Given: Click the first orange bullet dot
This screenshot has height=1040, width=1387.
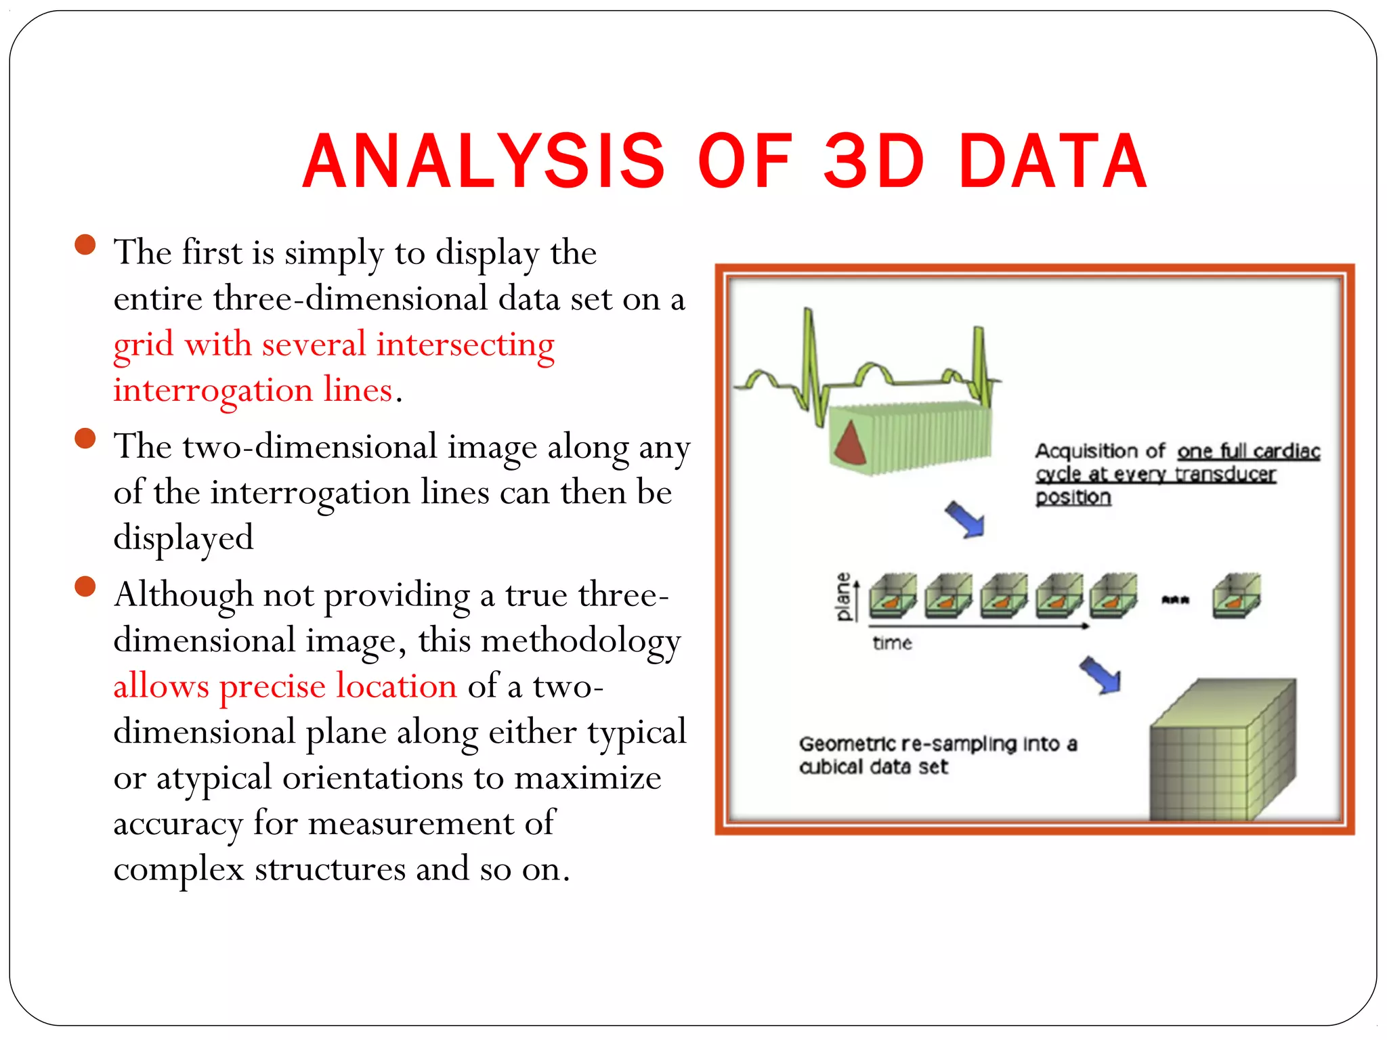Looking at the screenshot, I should click(85, 244).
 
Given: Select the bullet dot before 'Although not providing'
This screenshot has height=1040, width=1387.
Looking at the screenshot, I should click(85, 586).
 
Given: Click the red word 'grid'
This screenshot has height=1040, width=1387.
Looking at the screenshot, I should click(144, 345).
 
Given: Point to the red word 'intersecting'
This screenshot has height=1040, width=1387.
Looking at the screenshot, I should click(465, 344).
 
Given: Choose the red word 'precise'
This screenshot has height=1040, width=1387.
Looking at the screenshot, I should click(272, 687).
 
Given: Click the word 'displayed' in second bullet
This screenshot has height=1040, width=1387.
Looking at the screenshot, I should click(183, 538).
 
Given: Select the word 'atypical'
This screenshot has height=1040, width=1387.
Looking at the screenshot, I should click(214, 779).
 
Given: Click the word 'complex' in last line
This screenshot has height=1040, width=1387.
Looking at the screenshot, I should click(178, 869).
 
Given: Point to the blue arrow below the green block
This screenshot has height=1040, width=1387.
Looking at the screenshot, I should click(965, 519).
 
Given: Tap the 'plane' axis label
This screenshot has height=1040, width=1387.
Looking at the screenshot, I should click(843, 597).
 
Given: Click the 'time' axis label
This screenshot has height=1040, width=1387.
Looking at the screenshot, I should click(892, 643).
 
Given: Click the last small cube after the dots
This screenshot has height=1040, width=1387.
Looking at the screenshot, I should click(1236, 597).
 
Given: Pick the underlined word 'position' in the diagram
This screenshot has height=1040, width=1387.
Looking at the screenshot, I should click(1073, 498).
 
